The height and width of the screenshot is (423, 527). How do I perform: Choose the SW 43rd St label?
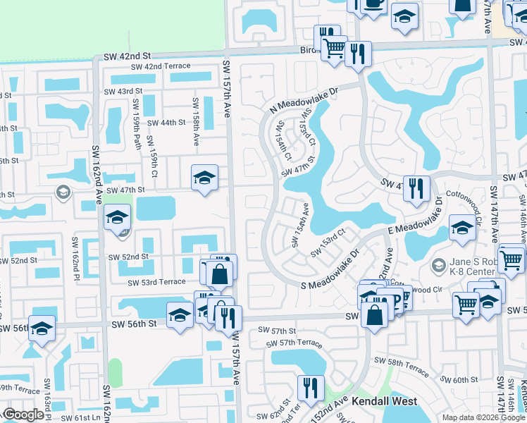[x=123, y=92]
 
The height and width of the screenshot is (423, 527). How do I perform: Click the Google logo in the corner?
[x=23, y=415]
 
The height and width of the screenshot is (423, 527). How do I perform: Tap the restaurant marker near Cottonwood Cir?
[x=416, y=188]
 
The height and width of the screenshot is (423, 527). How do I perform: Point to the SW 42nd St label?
[x=127, y=55]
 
